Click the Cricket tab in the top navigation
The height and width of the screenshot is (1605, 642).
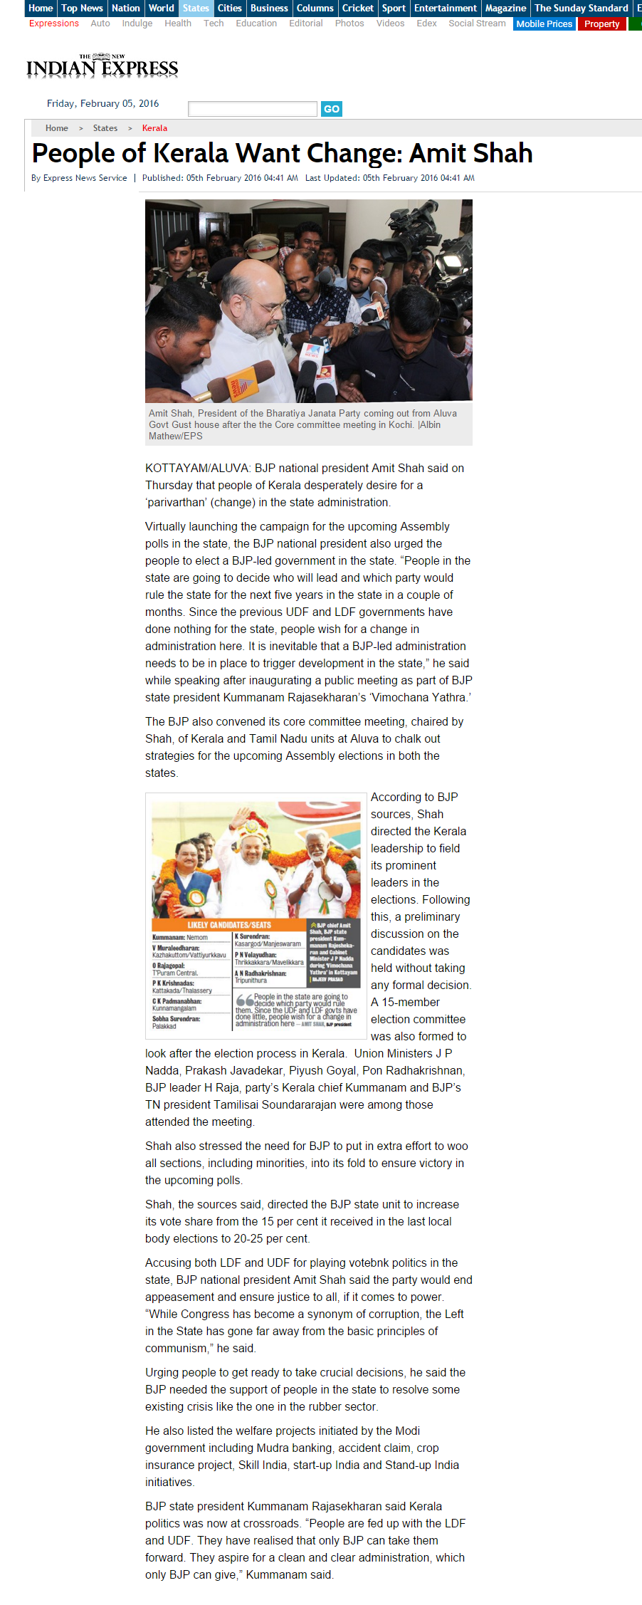click(357, 8)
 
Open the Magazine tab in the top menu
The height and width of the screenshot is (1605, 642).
click(505, 8)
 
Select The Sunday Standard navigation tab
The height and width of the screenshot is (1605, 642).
click(581, 8)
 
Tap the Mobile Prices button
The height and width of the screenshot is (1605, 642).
click(544, 23)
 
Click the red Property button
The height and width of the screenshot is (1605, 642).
click(601, 23)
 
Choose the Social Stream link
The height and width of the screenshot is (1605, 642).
click(477, 23)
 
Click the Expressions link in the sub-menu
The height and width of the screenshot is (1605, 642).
click(54, 23)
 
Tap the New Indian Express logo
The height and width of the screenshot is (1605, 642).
click(102, 66)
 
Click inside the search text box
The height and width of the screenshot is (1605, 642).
click(252, 108)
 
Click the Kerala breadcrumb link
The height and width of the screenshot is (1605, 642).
click(154, 128)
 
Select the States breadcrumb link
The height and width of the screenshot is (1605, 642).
click(105, 128)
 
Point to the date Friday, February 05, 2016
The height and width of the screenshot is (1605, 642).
click(102, 103)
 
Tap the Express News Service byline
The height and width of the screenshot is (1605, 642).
click(85, 178)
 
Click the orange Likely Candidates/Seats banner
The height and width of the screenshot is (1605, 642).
click(229, 924)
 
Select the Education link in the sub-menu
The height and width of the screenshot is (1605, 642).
click(256, 23)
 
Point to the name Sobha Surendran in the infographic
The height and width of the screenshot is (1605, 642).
click(176, 1018)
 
